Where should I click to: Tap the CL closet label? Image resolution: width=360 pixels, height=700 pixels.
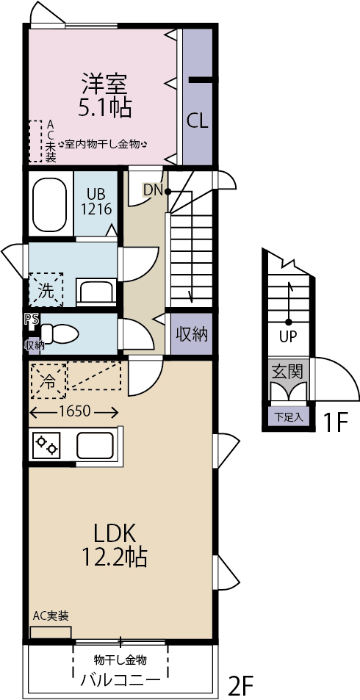pyautogui.click(x=197, y=121)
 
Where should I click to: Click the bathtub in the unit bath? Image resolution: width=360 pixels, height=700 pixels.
pyautogui.click(x=50, y=204)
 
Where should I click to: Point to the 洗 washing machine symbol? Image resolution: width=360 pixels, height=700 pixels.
pyautogui.click(x=46, y=290)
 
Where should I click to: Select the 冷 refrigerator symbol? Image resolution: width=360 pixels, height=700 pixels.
pyautogui.click(x=48, y=380)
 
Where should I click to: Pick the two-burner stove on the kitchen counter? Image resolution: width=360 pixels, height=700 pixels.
pyautogui.click(x=47, y=444)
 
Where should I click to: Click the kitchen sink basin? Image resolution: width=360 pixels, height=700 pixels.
pyautogui.click(x=95, y=445)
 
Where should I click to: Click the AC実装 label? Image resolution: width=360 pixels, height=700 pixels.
pyautogui.click(x=51, y=616)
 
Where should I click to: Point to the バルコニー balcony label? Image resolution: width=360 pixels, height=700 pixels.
pyautogui.click(x=120, y=680)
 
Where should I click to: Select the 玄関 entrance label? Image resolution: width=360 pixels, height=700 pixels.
pyautogui.click(x=289, y=371)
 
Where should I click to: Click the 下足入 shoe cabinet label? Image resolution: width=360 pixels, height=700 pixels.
pyautogui.click(x=289, y=417)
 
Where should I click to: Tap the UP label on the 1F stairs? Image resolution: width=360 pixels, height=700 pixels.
pyautogui.click(x=289, y=336)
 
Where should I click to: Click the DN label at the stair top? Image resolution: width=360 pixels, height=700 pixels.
pyautogui.click(x=152, y=191)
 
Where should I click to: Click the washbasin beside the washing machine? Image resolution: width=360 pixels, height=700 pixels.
pyautogui.click(x=97, y=292)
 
